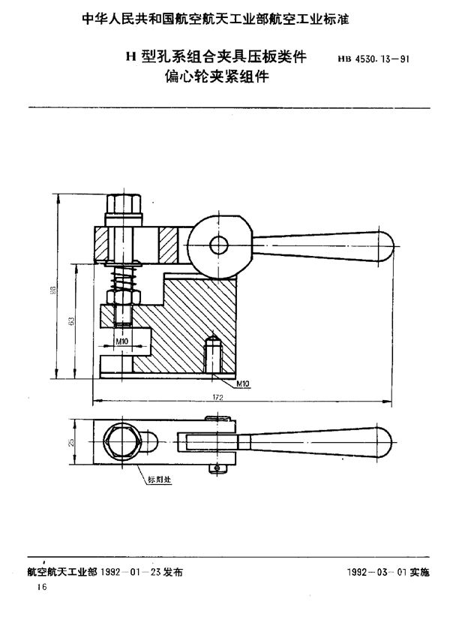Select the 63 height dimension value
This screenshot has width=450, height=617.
[71, 321]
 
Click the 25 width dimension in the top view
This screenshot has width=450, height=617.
[73, 444]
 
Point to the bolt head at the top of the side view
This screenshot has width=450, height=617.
[124, 203]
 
